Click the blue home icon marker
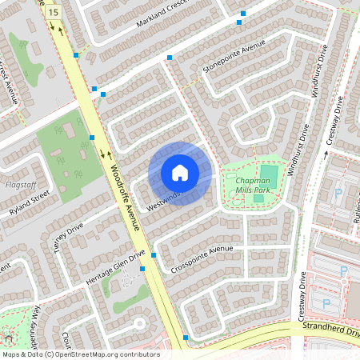pyautogui.click(x=180, y=173)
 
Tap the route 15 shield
pyautogui.click(x=53, y=11)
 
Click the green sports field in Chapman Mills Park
pyautogui.click(x=269, y=176)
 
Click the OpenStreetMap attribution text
pyautogui.click(x=80, y=354)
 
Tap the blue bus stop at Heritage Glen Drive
pyautogui.click(x=142, y=269)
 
